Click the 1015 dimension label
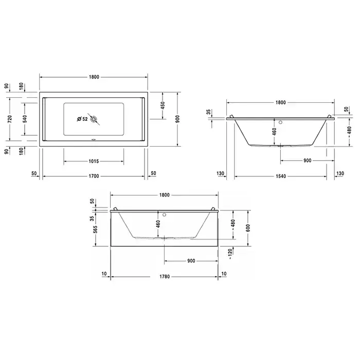[94, 161]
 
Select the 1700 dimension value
[94, 176]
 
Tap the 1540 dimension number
[281, 176]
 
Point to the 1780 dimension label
[165, 277]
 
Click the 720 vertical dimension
[10, 119]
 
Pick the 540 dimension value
[25, 119]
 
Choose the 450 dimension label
[163, 105]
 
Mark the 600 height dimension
[248, 228]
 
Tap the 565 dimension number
[95, 229]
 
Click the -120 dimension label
[230, 254]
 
